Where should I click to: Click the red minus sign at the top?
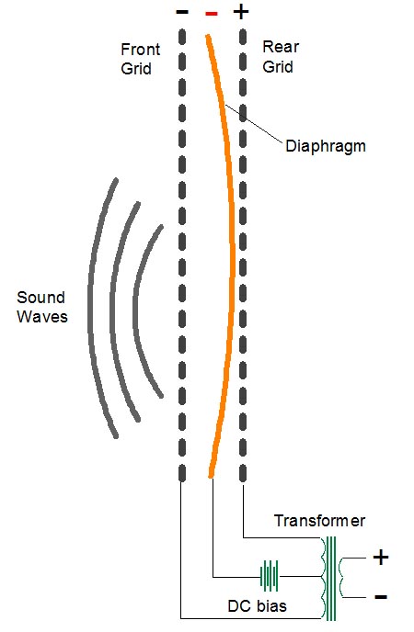[212, 14]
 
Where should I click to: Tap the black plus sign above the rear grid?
[241, 12]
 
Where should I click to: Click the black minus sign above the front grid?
[182, 12]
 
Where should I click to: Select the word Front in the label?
[141, 50]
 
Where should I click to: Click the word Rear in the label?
[281, 47]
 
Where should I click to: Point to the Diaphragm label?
[326, 146]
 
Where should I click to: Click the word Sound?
[40, 298]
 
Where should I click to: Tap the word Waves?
[42, 316]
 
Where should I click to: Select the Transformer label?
[319, 521]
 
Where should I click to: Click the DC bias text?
[257, 606]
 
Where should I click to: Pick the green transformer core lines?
[331, 579]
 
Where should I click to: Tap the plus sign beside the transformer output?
[381, 558]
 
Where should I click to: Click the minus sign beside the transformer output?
[381, 596]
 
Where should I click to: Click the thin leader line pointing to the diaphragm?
[253, 123]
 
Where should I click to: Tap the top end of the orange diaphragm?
[208, 36]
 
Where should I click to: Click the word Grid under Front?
[136, 69]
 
